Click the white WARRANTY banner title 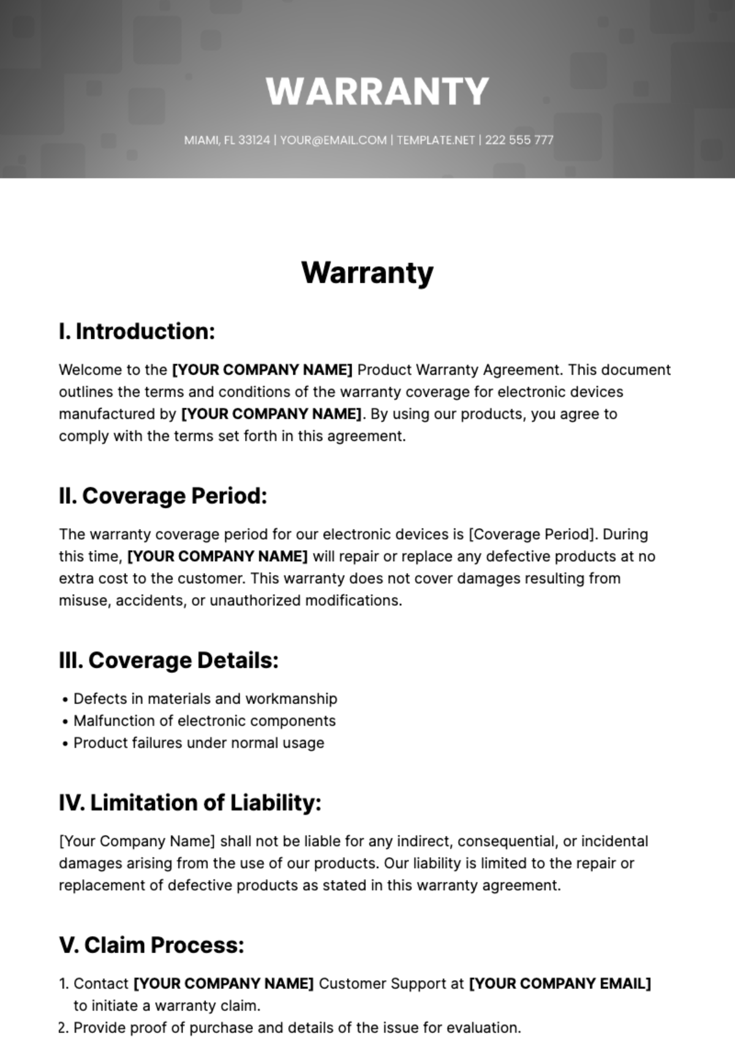[x=377, y=91]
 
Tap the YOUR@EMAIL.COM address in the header [x=333, y=140]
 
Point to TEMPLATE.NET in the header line [x=435, y=140]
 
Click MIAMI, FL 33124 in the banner [x=227, y=140]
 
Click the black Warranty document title [x=367, y=273]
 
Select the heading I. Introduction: [x=137, y=331]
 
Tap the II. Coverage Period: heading [x=163, y=496]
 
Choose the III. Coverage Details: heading [x=168, y=660]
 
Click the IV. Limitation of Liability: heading [x=190, y=802]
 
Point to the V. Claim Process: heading [x=151, y=945]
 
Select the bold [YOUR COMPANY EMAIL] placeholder [x=560, y=984]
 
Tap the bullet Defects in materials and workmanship [x=205, y=699]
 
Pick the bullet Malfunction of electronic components [x=205, y=721]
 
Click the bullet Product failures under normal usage [x=199, y=743]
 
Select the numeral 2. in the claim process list [x=64, y=1028]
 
